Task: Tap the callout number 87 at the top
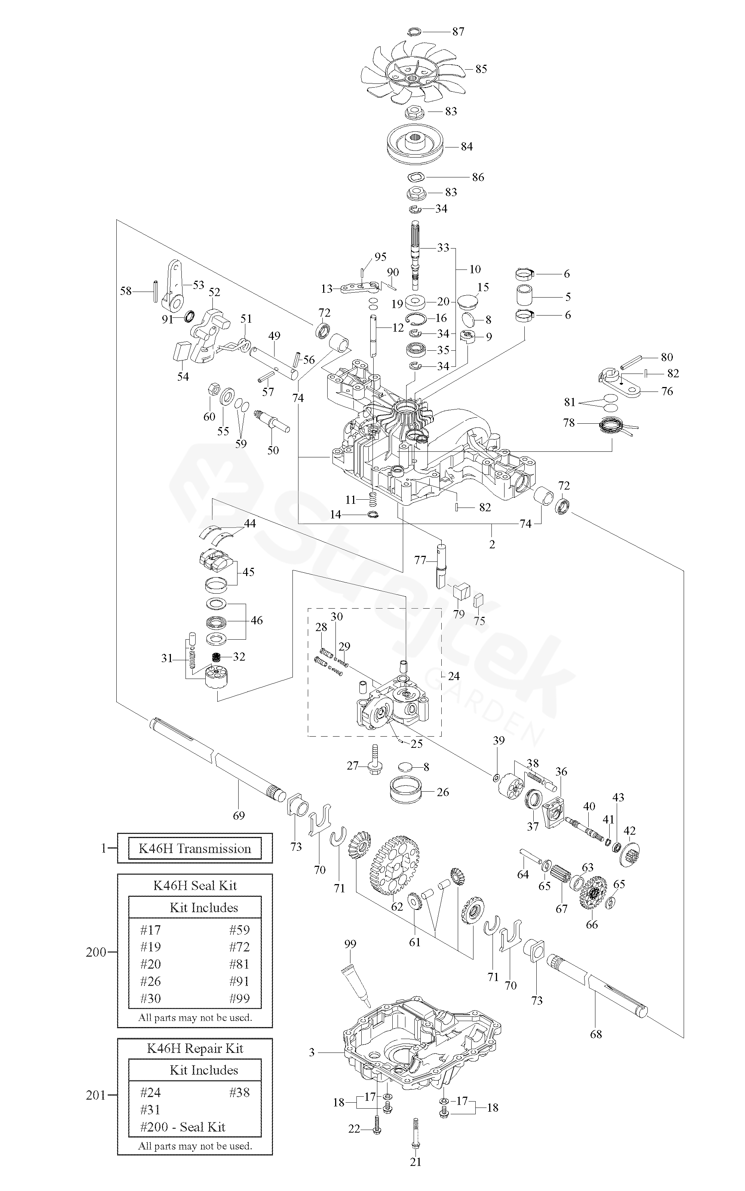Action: point(458,31)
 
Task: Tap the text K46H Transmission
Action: point(194,849)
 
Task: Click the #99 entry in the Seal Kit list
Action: point(239,998)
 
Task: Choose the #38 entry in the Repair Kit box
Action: point(239,1093)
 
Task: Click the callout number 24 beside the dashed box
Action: point(453,676)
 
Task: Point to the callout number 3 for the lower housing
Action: point(312,1053)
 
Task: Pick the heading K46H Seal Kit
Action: point(195,885)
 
